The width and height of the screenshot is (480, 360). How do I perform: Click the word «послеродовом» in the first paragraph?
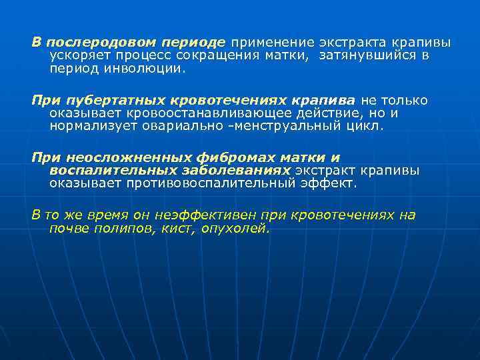(x=92, y=43)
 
